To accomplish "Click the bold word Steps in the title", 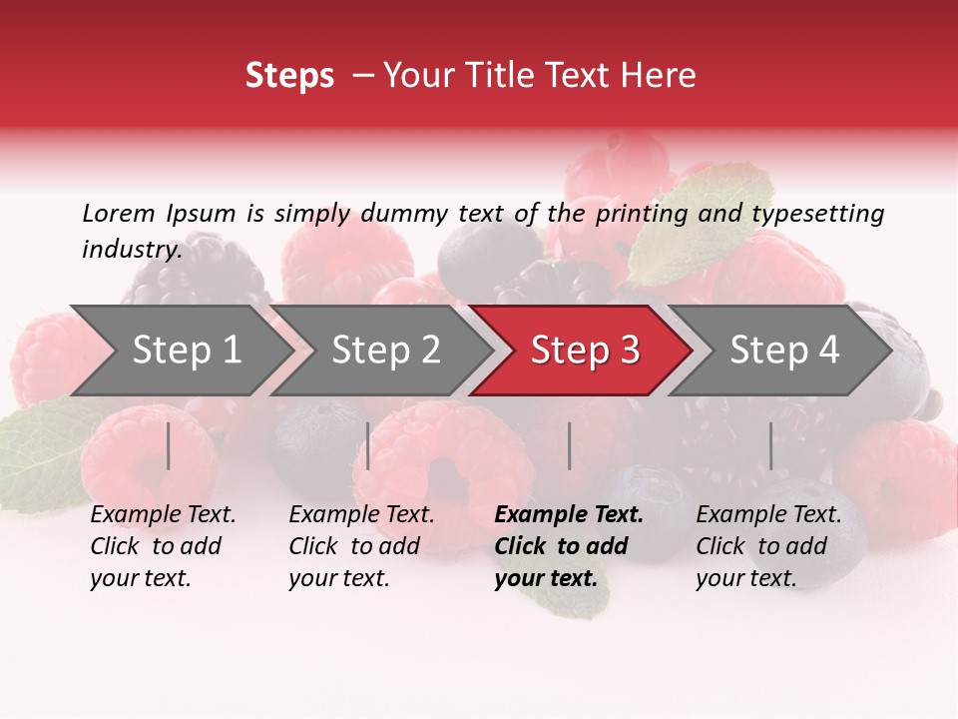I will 289,76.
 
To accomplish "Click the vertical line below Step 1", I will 169,445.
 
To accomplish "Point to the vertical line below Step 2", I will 368,445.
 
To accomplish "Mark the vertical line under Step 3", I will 570,445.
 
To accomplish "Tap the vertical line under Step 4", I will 770,445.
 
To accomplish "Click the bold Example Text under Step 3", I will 569,515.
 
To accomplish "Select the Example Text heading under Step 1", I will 163,515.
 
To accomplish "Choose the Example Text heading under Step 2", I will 361,515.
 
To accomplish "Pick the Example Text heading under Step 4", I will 768,515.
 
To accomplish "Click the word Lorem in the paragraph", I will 118,214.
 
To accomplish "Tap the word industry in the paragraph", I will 131,250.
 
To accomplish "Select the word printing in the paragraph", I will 639,214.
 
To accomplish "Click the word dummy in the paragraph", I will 403,214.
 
